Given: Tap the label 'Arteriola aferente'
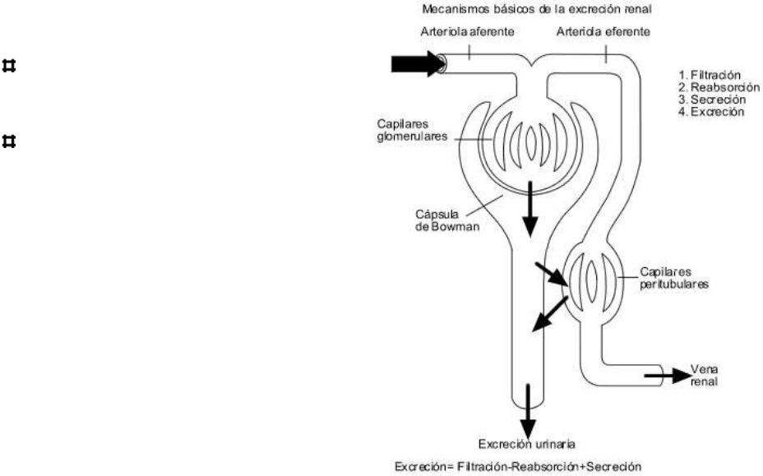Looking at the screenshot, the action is tap(468, 33).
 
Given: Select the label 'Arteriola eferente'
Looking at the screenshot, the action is tap(603, 33).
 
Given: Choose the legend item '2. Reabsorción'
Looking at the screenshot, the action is tap(712, 87).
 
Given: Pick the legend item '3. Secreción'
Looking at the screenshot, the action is tap(707, 99).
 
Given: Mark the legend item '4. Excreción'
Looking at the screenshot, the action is tap(707, 111).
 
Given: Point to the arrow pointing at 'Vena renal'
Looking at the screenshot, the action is tap(666, 375).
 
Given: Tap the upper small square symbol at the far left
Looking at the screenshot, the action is tap(10, 65).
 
